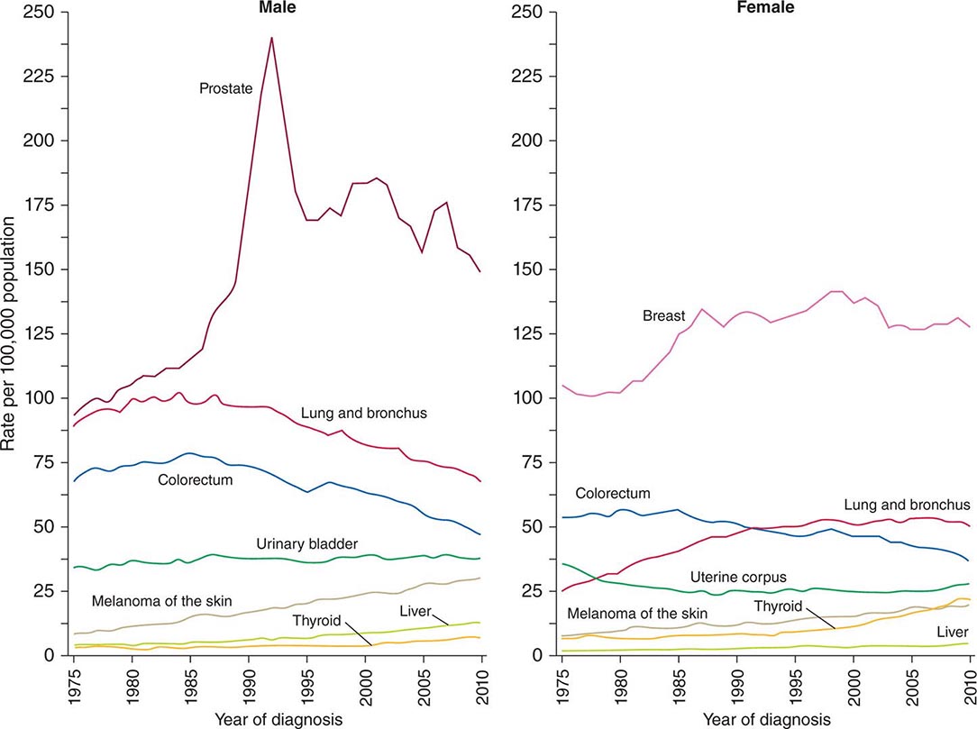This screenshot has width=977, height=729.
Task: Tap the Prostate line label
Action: (225, 88)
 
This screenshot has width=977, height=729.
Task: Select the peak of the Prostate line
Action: (271, 38)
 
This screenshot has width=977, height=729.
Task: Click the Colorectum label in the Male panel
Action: (196, 480)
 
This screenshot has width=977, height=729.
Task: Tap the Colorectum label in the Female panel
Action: (613, 493)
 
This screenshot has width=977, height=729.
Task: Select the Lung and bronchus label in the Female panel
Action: (907, 505)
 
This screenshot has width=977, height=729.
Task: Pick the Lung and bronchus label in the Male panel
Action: (364, 413)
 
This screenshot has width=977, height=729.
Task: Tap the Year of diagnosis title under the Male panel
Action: (278, 719)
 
